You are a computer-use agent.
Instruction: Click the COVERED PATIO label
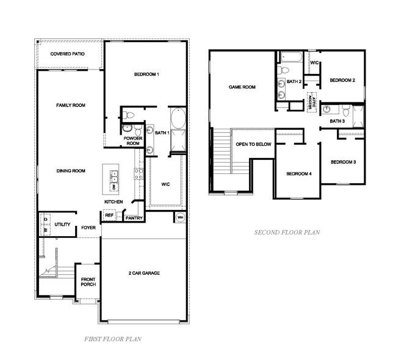coord(68,54)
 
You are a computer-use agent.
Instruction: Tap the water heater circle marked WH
coord(181,217)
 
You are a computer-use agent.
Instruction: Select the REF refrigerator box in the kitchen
coord(109,215)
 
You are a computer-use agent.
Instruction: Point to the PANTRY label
coord(134,217)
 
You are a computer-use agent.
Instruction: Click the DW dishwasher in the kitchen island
coord(113,181)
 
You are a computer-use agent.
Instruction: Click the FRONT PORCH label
coord(88,283)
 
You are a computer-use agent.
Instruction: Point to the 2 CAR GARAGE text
coord(144,273)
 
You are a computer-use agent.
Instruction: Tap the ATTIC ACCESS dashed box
coord(312,101)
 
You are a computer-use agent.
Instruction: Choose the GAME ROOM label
coord(242,87)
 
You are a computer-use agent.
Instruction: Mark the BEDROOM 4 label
coord(299,174)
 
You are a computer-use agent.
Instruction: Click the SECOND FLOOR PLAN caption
coord(287,232)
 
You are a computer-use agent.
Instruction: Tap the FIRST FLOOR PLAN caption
coord(114,338)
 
